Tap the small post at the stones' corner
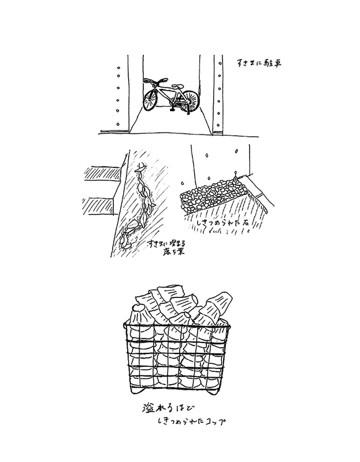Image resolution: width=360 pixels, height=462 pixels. point(236,174)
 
